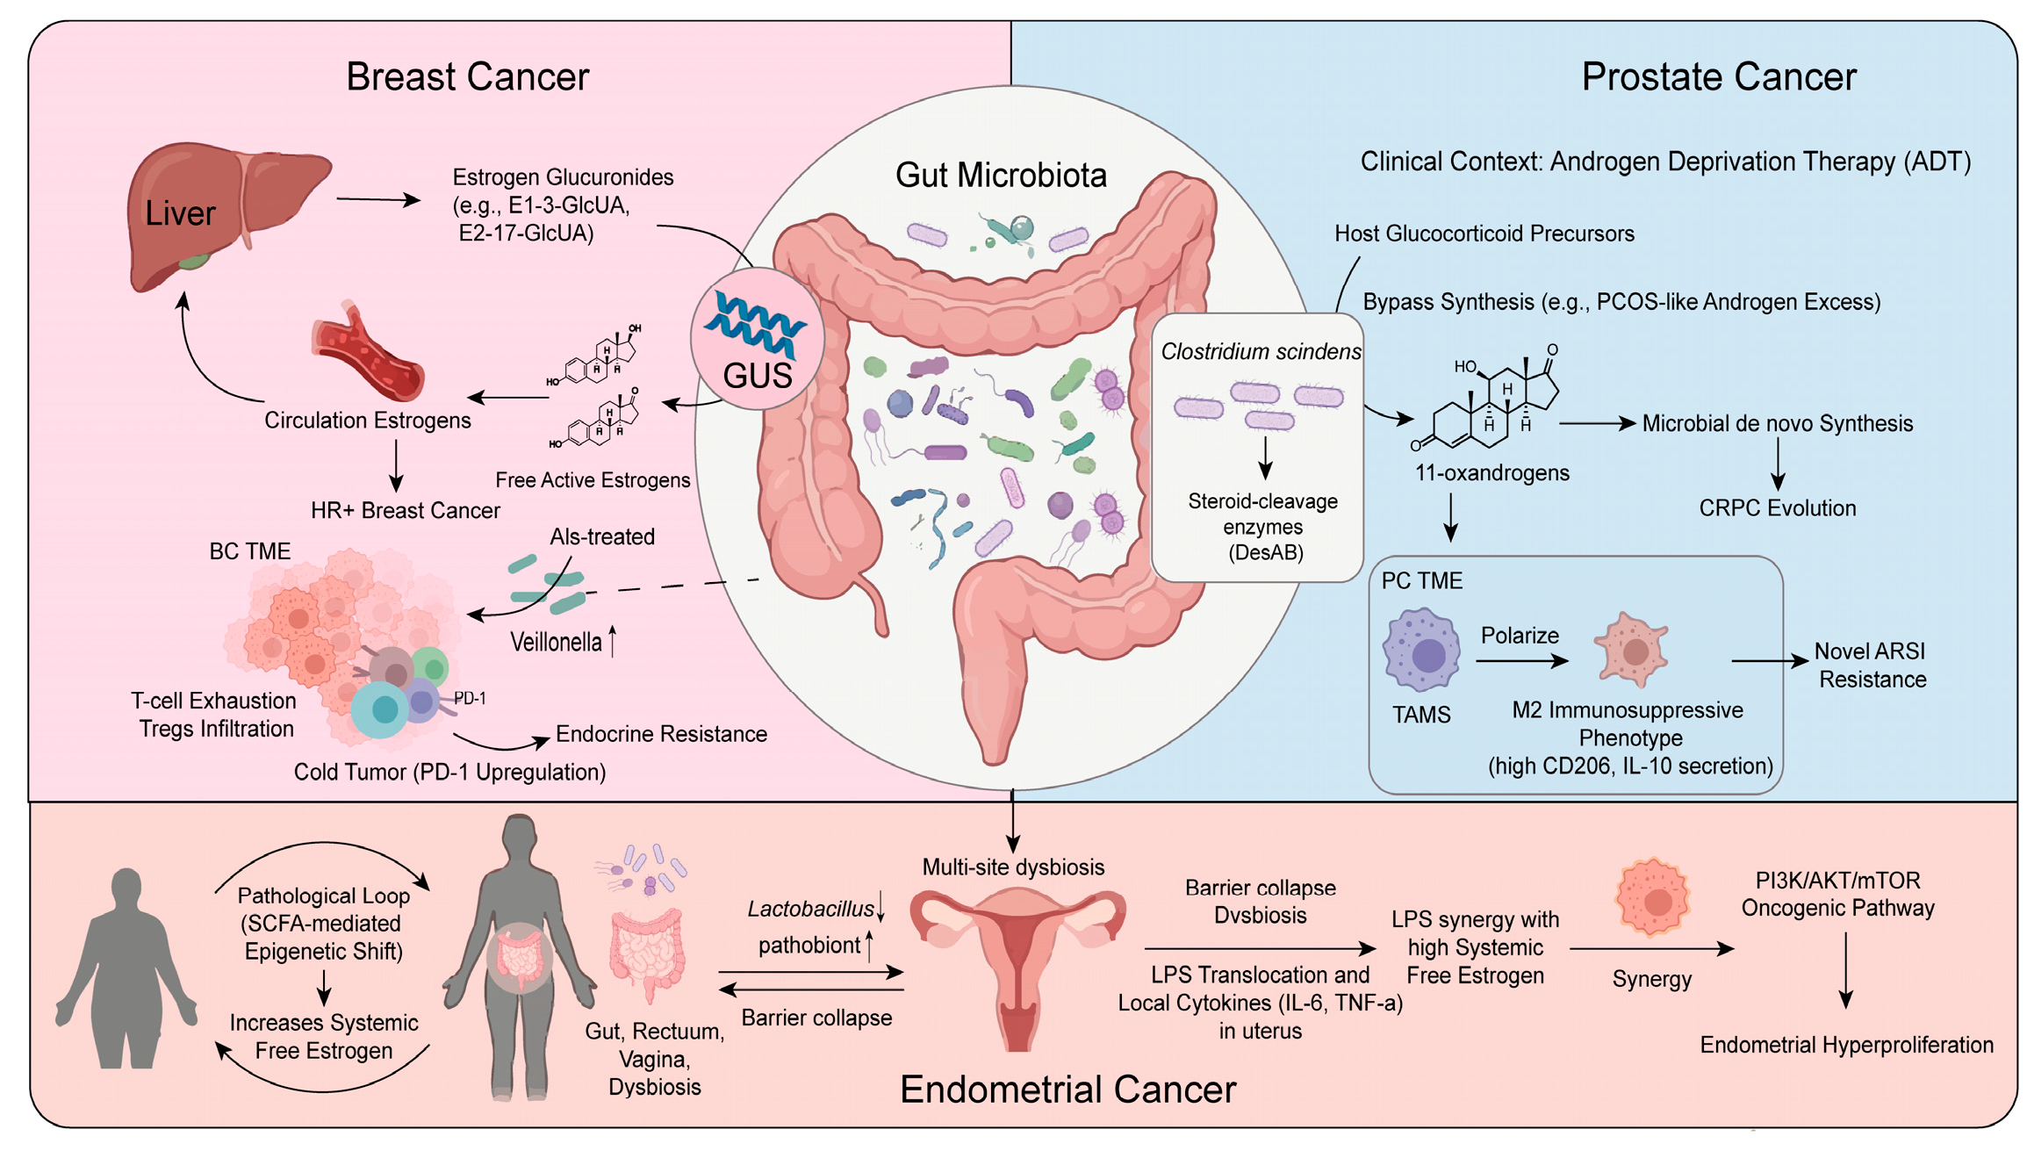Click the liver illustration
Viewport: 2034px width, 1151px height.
pos(224,211)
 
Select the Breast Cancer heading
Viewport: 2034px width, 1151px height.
pos(467,77)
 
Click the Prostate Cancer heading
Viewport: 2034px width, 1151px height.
pos(1718,77)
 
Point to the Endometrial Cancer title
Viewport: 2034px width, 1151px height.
pos(1067,1090)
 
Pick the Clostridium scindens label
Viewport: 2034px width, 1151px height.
pos(1261,352)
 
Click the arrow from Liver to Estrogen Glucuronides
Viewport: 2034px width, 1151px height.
pos(378,200)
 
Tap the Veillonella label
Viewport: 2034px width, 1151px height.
pos(556,643)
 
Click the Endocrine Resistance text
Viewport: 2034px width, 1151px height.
pos(661,734)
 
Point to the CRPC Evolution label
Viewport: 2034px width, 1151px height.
pos(1777,508)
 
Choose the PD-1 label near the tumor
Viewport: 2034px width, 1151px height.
pos(470,699)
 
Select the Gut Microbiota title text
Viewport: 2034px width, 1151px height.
pos(1001,176)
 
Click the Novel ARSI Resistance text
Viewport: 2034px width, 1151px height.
pos(1871,665)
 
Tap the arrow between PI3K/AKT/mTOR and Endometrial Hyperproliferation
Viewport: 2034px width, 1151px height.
pos(1845,970)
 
